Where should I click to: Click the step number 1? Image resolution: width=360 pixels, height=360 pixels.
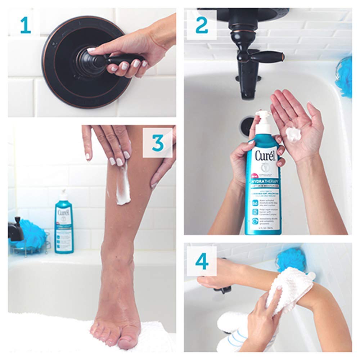pos(25,26)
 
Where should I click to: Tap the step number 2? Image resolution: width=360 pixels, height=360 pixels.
pos(202,26)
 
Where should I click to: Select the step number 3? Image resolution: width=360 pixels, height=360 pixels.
pos(158,143)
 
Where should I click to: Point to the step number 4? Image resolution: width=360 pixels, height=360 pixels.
pos(202,261)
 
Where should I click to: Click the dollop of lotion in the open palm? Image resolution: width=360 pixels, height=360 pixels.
pos(293,134)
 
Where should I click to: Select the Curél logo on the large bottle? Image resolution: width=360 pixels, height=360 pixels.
pos(266,156)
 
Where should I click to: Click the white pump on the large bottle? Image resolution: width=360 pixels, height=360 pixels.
pos(263,122)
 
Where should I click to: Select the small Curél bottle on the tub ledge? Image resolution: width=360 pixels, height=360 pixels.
pos(64,223)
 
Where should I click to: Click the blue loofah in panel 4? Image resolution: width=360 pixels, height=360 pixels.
pos(290,259)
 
